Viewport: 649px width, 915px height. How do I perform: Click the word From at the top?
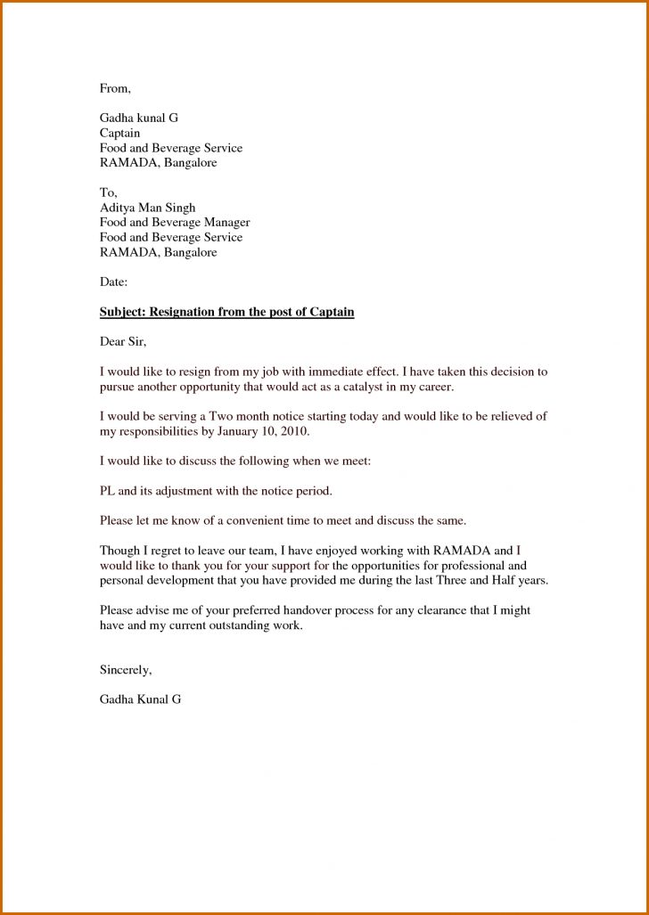(x=114, y=88)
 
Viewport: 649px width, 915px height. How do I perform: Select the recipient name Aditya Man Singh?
(x=147, y=208)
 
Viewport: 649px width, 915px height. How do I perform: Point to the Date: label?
(x=113, y=282)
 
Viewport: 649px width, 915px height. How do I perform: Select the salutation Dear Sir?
(x=122, y=341)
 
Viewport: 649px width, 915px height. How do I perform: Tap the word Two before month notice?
(x=221, y=416)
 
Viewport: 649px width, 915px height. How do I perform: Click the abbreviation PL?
(x=107, y=490)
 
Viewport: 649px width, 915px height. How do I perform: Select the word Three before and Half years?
(x=451, y=580)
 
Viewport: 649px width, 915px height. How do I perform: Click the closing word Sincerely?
(x=126, y=669)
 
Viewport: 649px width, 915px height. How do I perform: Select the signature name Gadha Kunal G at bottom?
(x=140, y=699)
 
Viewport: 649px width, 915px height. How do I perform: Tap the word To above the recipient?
(x=108, y=192)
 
